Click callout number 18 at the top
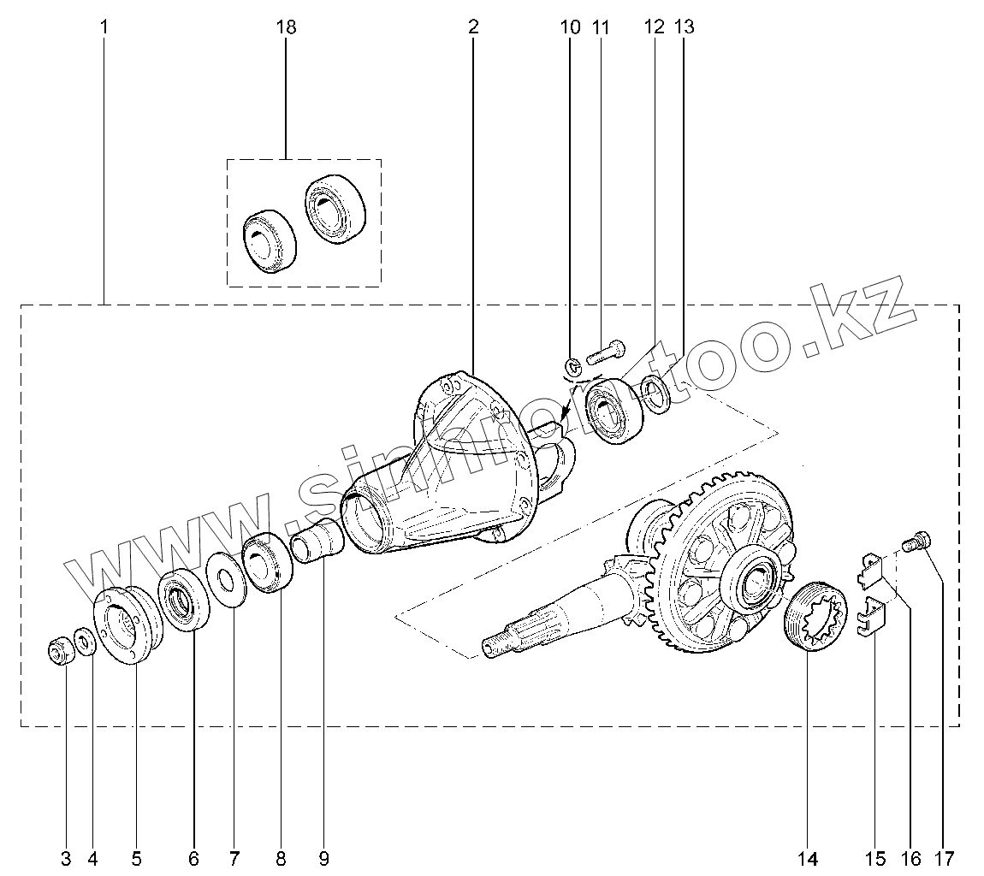coord(286,27)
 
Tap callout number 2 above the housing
coord(473,27)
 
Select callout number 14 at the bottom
coord(808,858)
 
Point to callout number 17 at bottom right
coord(945,858)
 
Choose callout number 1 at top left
coord(104,27)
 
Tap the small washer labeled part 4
coord(85,640)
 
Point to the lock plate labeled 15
coord(871,619)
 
